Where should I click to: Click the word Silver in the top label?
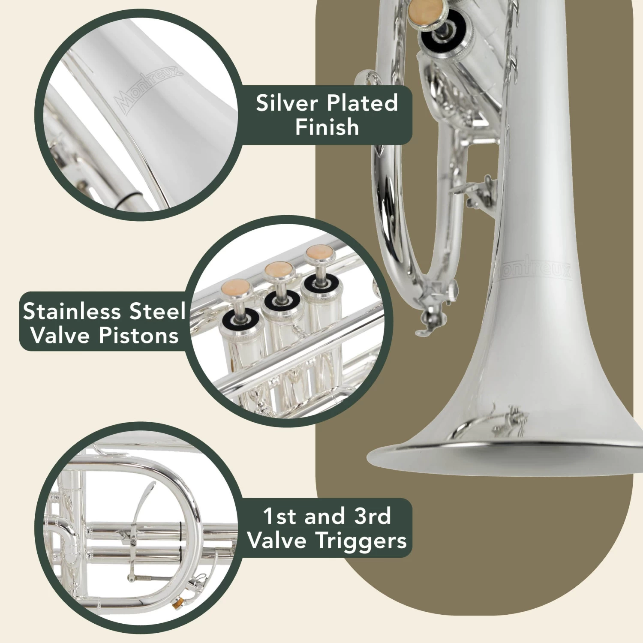(287, 103)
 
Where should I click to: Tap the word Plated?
(362, 103)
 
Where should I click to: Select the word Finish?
(327, 127)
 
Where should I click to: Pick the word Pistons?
(138, 335)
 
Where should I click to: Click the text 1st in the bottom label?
(279, 517)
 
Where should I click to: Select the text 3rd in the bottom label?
(373, 517)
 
